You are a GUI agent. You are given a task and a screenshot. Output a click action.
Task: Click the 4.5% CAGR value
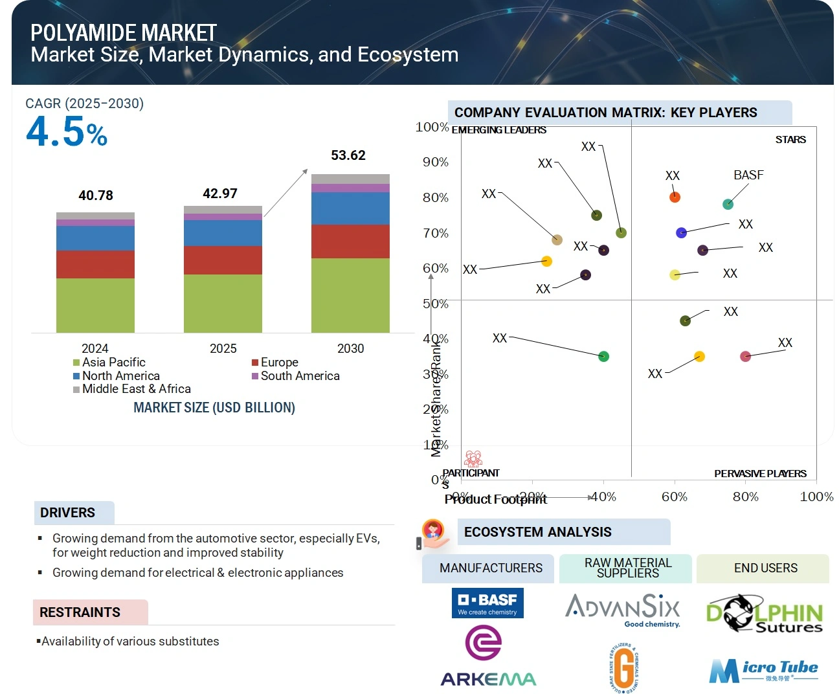coord(67,132)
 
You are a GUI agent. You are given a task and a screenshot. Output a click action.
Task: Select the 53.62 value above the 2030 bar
coord(348,155)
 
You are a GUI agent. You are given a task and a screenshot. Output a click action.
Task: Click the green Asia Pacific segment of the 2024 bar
coord(95,305)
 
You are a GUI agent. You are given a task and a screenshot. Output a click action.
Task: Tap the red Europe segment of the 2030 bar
coord(350,241)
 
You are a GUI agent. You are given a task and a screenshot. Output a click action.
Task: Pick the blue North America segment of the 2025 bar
coord(223,233)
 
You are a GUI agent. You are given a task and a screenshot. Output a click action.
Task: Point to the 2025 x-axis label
coord(223,348)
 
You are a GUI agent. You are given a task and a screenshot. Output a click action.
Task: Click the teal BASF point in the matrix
coord(728,205)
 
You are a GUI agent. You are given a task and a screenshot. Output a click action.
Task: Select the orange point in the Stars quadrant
coord(675,197)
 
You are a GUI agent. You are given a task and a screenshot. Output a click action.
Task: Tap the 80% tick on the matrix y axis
coord(436,197)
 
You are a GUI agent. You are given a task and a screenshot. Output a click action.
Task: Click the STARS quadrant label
coord(790,140)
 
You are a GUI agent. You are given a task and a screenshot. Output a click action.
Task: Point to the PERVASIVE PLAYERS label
coord(760,473)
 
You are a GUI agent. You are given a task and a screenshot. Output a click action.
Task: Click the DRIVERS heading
coord(68,513)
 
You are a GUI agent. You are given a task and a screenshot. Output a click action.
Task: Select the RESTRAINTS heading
coord(80,612)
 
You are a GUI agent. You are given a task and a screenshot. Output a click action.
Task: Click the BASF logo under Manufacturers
coord(487,603)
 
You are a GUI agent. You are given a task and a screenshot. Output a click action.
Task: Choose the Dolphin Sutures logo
coord(764,614)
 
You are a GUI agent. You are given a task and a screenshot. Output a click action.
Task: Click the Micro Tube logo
coord(763,671)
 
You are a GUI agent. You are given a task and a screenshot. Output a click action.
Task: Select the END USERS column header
coord(765,568)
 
